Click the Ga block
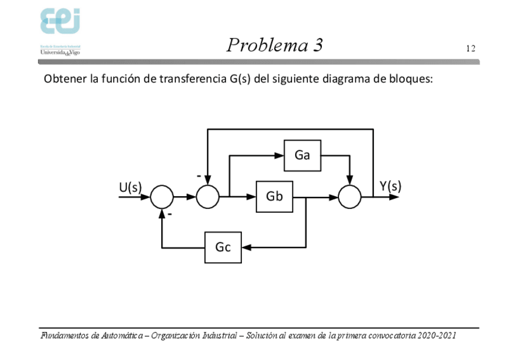[x=302, y=155]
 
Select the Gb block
[x=274, y=196]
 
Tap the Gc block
[x=223, y=247]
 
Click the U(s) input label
[x=130, y=188]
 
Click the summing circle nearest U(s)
[x=162, y=197]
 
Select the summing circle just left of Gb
[x=208, y=197]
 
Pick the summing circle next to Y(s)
[x=349, y=197]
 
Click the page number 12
[x=470, y=49]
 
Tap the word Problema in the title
[x=264, y=45]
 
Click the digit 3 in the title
[x=318, y=45]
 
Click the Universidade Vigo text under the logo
[x=60, y=53]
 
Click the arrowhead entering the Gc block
[x=247, y=247]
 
